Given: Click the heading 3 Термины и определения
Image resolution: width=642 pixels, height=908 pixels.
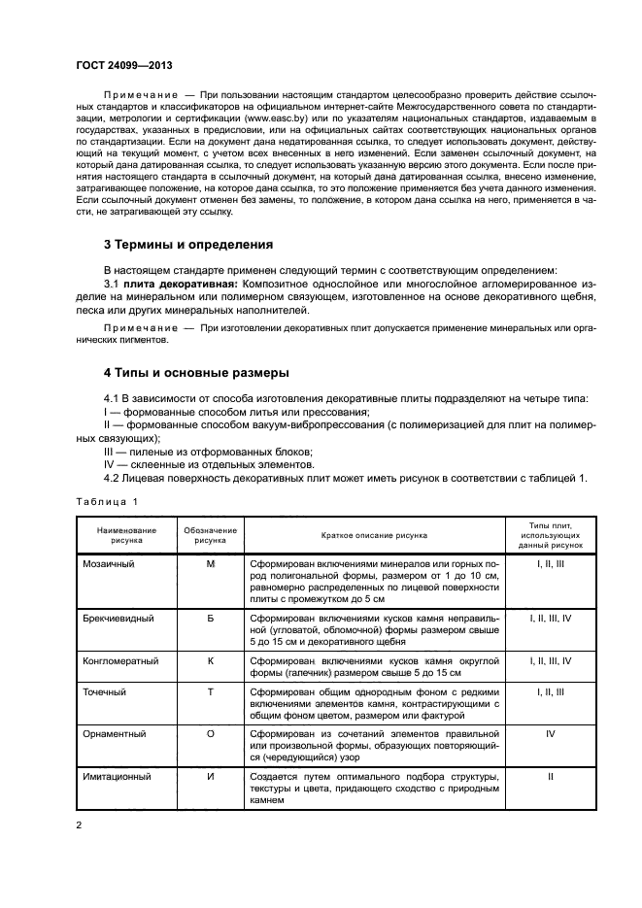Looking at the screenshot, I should [x=188, y=245].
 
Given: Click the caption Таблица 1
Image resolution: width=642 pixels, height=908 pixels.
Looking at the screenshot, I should [x=107, y=501].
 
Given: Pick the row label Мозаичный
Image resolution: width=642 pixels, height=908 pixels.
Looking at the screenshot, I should [x=109, y=563].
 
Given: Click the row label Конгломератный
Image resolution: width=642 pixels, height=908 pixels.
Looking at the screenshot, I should [x=119, y=659].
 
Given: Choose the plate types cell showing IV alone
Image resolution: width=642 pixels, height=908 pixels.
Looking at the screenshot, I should [x=550, y=734].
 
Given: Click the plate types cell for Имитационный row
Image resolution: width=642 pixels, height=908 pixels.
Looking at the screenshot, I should [x=550, y=777].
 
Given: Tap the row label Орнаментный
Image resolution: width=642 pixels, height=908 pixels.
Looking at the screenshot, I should [x=115, y=734].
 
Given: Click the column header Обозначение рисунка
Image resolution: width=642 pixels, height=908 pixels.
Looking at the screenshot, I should [x=210, y=535].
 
